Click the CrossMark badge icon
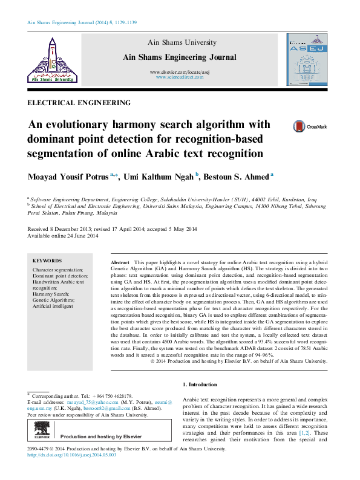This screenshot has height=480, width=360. click(299, 126)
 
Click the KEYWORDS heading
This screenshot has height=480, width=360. click(47, 260)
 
